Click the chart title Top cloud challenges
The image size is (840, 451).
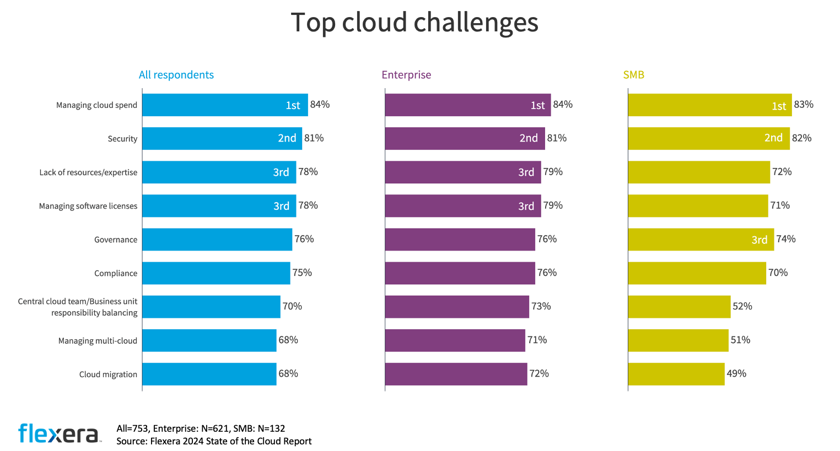414,23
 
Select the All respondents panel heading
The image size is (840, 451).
176,75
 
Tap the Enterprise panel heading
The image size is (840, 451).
406,75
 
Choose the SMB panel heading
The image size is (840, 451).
633,75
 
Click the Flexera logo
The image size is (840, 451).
60,433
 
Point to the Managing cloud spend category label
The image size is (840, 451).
96,105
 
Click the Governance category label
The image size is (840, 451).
116,240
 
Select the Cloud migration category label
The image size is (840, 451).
108,374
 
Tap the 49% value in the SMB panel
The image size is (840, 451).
736,374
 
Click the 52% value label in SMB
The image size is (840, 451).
742,307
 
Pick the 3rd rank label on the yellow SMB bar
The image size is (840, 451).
759,240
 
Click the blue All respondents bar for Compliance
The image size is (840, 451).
216,273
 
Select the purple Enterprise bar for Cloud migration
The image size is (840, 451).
456,374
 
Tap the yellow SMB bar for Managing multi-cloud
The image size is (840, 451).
678,340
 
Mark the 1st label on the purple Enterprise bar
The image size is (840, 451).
537,105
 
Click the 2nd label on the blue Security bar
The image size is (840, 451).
287,138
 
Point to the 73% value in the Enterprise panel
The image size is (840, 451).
541,307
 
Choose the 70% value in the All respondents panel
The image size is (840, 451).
292,307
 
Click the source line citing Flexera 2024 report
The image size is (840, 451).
214,441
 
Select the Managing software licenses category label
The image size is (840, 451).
88,206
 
